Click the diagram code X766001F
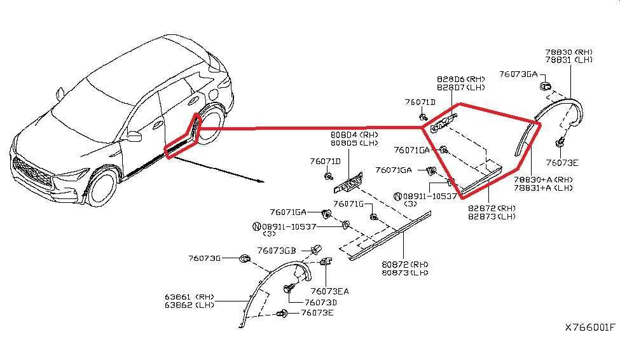(590, 328)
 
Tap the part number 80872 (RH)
(405, 264)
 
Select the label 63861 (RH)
(189, 296)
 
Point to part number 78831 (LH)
(569, 60)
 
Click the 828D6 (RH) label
(460, 79)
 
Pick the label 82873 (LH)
(492, 217)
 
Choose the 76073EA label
(330, 291)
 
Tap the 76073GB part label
(277, 251)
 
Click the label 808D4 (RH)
(354, 135)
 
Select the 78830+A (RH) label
(543, 179)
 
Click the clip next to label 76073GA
(546, 87)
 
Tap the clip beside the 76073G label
(245, 259)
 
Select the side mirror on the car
(134, 135)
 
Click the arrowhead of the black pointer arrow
(261, 181)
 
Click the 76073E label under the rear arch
(562, 163)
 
